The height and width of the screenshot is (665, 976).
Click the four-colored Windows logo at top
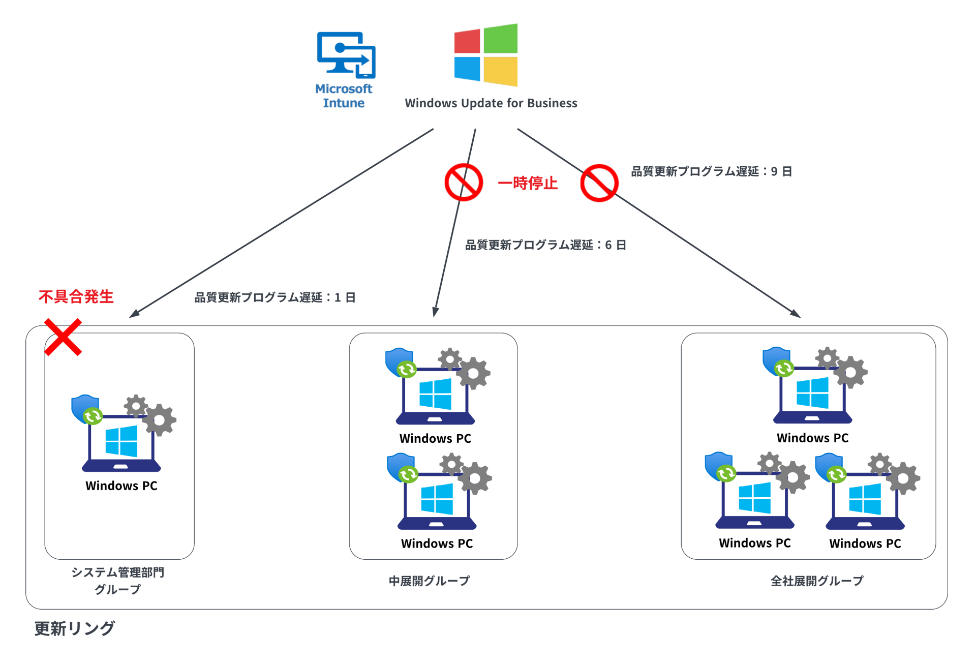pyautogui.click(x=485, y=55)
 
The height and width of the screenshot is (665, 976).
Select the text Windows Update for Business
pyautogui.click(x=491, y=103)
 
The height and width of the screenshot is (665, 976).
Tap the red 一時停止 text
pyautogui.click(x=527, y=183)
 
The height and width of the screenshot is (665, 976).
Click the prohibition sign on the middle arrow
pyautogui.click(x=464, y=183)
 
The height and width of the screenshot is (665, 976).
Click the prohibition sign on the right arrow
pyautogui.click(x=599, y=183)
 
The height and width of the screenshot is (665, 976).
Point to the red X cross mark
pyautogui.click(x=63, y=337)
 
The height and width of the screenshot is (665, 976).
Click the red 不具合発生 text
pyautogui.click(x=76, y=296)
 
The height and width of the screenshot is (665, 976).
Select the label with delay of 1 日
pyautogui.click(x=275, y=297)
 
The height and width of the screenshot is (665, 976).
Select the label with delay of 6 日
pyautogui.click(x=545, y=245)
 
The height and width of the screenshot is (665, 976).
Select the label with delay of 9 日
pyautogui.click(x=711, y=171)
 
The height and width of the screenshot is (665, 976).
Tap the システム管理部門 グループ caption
pyautogui.click(x=117, y=581)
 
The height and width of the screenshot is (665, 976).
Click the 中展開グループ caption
pyautogui.click(x=429, y=581)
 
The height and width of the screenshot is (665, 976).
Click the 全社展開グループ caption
pyautogui.click(x=817, y=581)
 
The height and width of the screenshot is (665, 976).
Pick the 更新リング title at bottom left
pyautogui.click(x=75, y=628)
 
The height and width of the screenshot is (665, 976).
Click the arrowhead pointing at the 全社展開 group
pyautogui.click(x=796, y=314)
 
